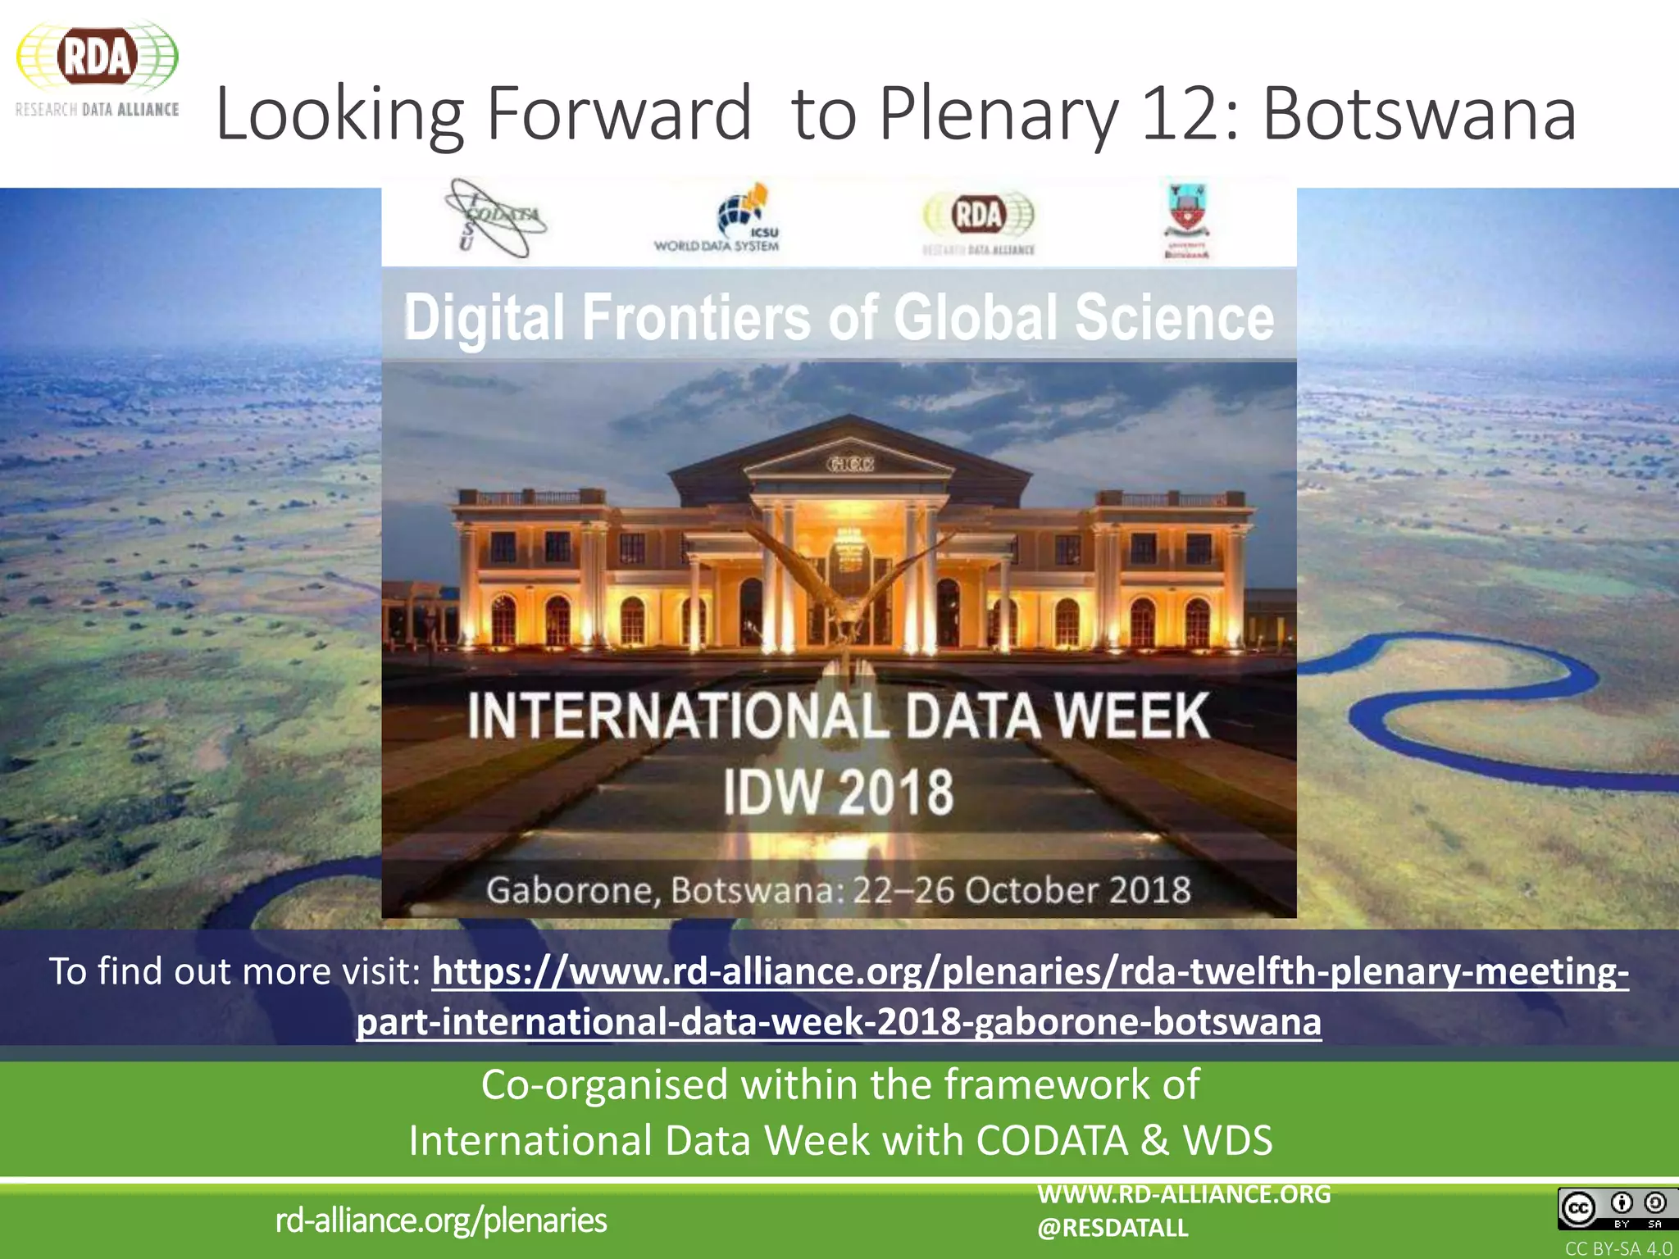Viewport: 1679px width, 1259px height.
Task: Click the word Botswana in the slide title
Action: click(x=1418, y=114)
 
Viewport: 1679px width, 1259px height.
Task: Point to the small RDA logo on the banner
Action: click(x=979, y=221)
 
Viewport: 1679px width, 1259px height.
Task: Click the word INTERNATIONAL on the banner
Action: click(x=677, y=716)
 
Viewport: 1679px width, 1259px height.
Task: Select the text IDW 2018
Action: click(x=838, y=792)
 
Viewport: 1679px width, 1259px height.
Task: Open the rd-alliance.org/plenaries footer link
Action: click(x=441, y=1220)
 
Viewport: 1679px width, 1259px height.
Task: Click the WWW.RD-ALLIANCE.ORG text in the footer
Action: click(x=1184, y=1194)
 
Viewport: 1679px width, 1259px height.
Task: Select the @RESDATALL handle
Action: click(x=1113, y=1228)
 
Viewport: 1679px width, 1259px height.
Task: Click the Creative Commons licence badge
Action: click(x=1612, y=1208)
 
